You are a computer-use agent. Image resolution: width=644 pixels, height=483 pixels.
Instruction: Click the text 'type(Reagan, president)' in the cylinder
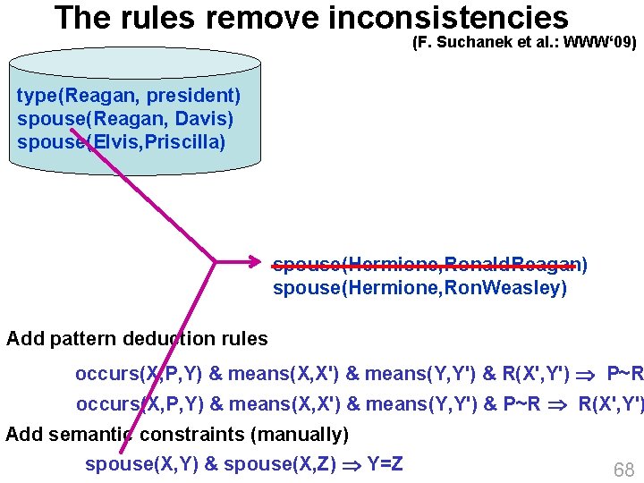click(128, 95)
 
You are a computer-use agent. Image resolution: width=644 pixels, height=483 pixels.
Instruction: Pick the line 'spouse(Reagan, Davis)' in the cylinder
click(124, 118)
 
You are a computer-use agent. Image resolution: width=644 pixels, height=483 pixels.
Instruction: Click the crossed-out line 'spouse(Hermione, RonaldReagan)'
click(429, 264)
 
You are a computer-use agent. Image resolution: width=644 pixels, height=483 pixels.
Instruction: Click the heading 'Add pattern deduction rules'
click(137, 338)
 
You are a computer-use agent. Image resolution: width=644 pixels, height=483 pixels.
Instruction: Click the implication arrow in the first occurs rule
click(588, 373)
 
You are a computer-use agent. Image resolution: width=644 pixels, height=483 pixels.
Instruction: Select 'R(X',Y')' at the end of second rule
click(610, 403)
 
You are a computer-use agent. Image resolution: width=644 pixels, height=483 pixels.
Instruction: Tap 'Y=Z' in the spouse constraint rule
click(385, 463)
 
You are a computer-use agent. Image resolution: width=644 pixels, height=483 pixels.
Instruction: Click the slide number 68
click(623, 470)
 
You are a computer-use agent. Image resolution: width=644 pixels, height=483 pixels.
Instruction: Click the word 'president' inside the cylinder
click(200, 95)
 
